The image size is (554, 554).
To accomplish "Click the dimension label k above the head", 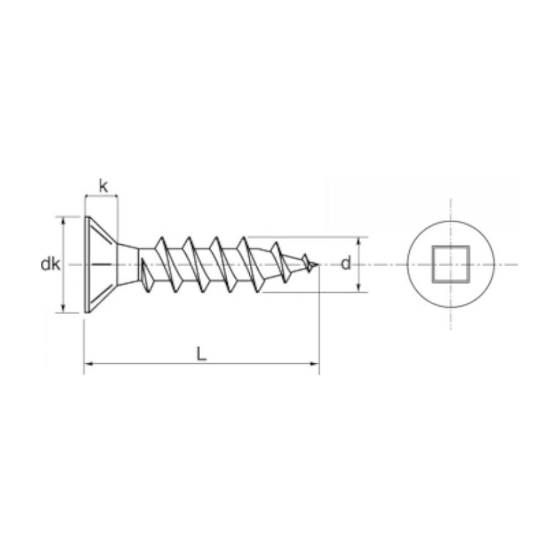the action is (103, 186).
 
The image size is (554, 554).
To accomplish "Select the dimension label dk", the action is (51, 264).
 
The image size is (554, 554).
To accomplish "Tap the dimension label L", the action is (201, 353).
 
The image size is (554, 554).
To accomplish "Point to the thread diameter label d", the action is (346, 263).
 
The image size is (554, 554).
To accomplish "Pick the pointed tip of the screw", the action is (318, 264).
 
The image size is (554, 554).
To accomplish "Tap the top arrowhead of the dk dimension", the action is (63, 221).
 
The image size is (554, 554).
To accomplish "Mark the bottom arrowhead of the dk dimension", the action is (63, 309).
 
